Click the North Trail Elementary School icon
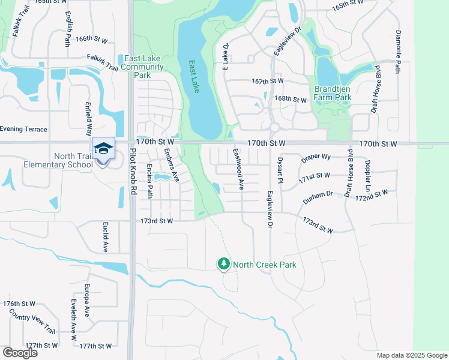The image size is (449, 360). coord(103,148)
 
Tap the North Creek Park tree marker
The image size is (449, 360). coord(224,264)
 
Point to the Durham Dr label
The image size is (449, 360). coord(318,196)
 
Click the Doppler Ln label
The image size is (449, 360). coord(367,172)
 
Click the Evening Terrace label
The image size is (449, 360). coord(23,129)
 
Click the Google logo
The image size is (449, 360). coord(20,353)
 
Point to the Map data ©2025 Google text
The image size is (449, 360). coord(411,355)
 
